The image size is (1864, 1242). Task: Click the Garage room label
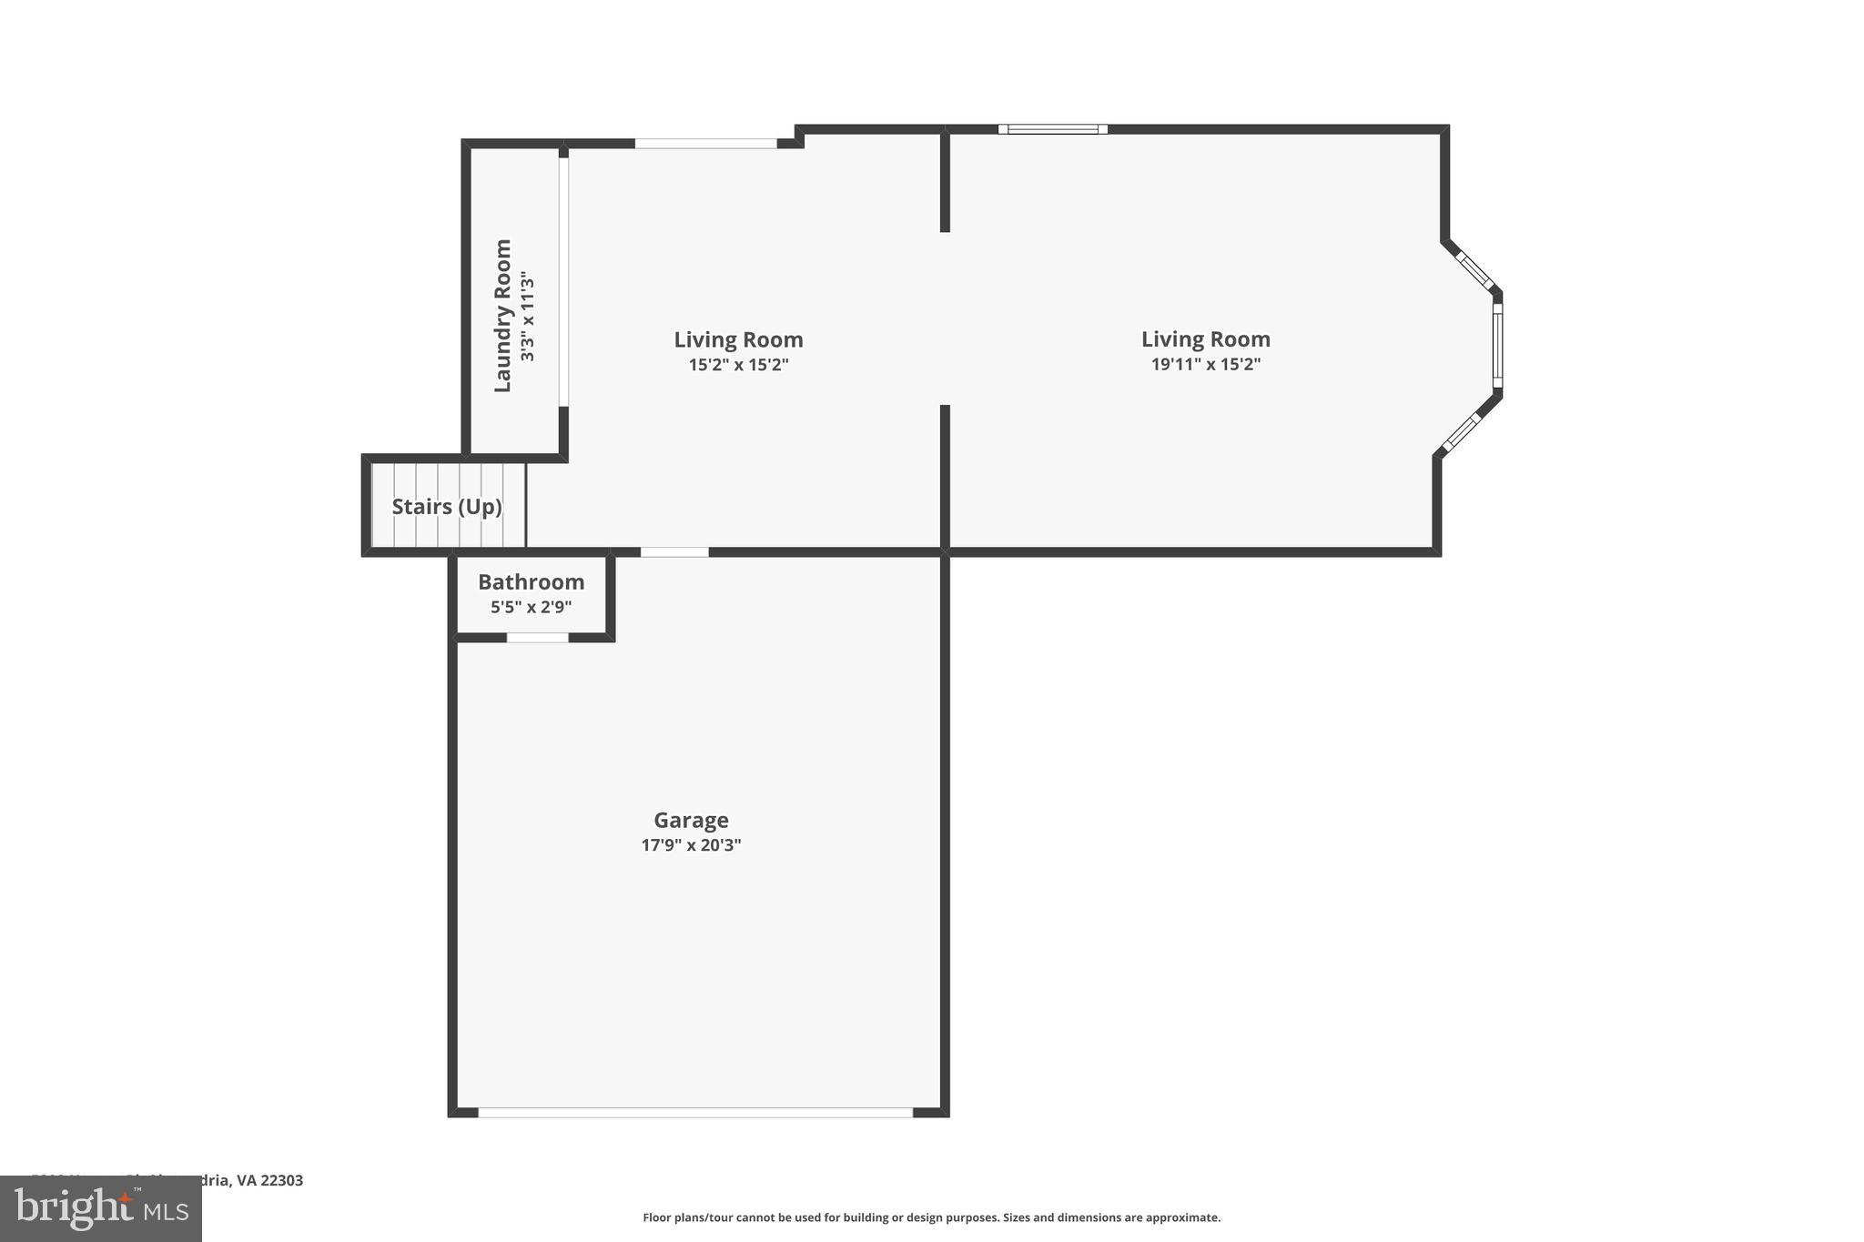[x=691, y=820]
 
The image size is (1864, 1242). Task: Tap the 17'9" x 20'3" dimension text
[x=691, y=845]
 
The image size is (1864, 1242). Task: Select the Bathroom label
[x=531, y=581]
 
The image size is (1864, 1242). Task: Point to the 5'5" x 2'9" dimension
[x=531, y=607]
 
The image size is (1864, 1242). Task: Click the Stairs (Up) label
[x=447, y=507]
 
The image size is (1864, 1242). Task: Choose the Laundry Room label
[x=502, y=316]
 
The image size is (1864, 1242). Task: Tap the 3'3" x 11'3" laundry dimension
[x=527, y=316]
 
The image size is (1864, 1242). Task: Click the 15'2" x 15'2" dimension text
[x=738, y=365]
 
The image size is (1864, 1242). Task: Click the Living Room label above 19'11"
[x=1205, y=339]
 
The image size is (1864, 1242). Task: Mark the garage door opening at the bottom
[x=695, y=1112]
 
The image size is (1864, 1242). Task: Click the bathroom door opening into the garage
[x=537, y=637]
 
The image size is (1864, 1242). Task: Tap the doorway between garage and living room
[x=674, y=552]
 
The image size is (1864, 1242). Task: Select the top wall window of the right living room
[x=1052, y=129]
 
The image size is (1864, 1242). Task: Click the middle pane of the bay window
[x=1497, y=345]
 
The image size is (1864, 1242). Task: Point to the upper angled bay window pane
[x=1474, y=271]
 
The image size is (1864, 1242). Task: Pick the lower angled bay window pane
[x=1462, y=432]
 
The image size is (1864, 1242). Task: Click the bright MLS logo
[x=101, y=1209]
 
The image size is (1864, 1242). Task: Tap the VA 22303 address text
[x=269, y=1180]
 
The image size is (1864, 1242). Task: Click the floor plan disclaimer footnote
[x=931, y=1217]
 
